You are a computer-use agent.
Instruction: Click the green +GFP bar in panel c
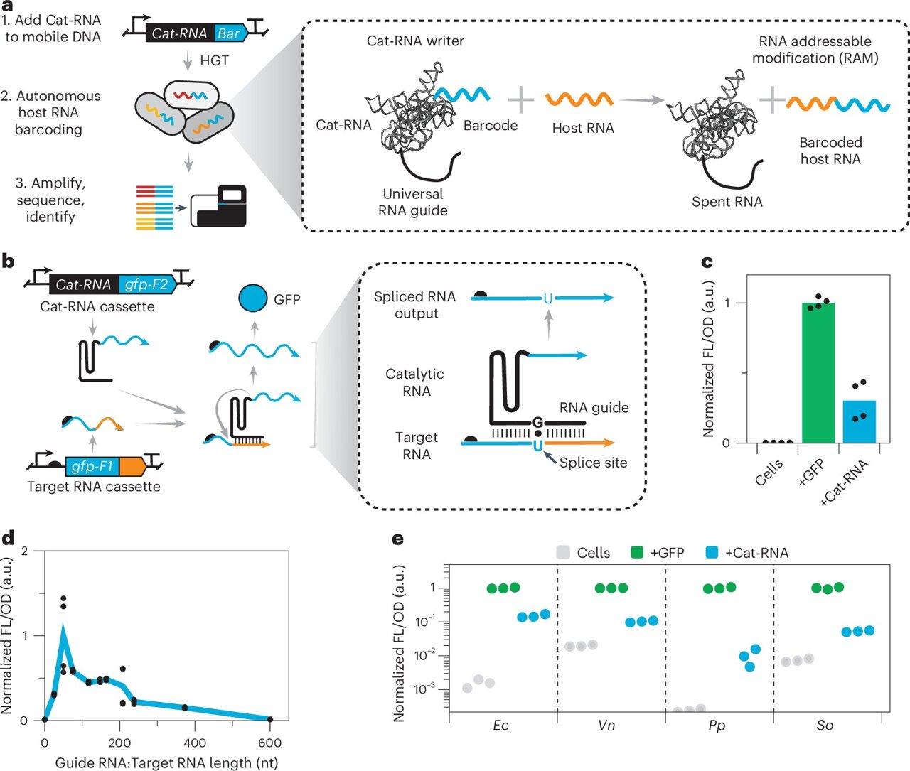pos(818,373)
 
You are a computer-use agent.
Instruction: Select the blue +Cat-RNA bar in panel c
pos(859,422)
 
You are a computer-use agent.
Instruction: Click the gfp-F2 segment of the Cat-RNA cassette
pos(146,284)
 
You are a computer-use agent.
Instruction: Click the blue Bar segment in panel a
pos(228,33)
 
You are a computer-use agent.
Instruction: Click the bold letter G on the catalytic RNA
pos(537,423)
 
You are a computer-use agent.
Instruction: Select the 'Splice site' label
pos(593,463)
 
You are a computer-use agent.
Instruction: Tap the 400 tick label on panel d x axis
pos(195,743)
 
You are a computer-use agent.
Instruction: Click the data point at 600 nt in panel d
pos(269,720)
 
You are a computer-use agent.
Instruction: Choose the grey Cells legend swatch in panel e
pos(563,552)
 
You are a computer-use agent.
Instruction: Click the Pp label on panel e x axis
pos(717,726)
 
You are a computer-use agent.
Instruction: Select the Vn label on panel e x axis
pos(606,726)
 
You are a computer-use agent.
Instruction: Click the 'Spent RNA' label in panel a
pos(727,202)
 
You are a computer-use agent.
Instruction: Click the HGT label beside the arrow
pos(214,60)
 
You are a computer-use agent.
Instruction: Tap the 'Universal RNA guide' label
pos(413,202)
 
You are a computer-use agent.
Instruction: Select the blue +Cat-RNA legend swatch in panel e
pos(711,552)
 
